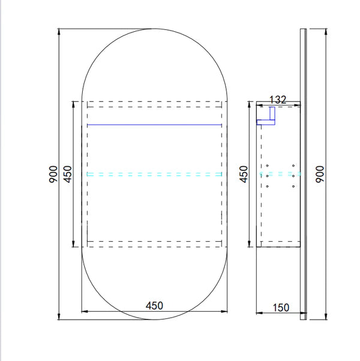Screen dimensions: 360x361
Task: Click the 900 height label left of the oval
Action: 53,175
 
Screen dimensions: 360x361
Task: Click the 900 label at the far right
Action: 320,175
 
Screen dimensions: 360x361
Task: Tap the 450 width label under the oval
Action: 154,306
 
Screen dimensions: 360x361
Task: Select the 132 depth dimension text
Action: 278,100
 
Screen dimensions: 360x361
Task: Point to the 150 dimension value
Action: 281,308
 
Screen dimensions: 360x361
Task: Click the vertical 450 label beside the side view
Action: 244,175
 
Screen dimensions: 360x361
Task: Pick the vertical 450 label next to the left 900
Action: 68,175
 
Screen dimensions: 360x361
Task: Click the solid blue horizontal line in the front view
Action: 154,125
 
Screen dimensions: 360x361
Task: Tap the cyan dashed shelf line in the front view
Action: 154,175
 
